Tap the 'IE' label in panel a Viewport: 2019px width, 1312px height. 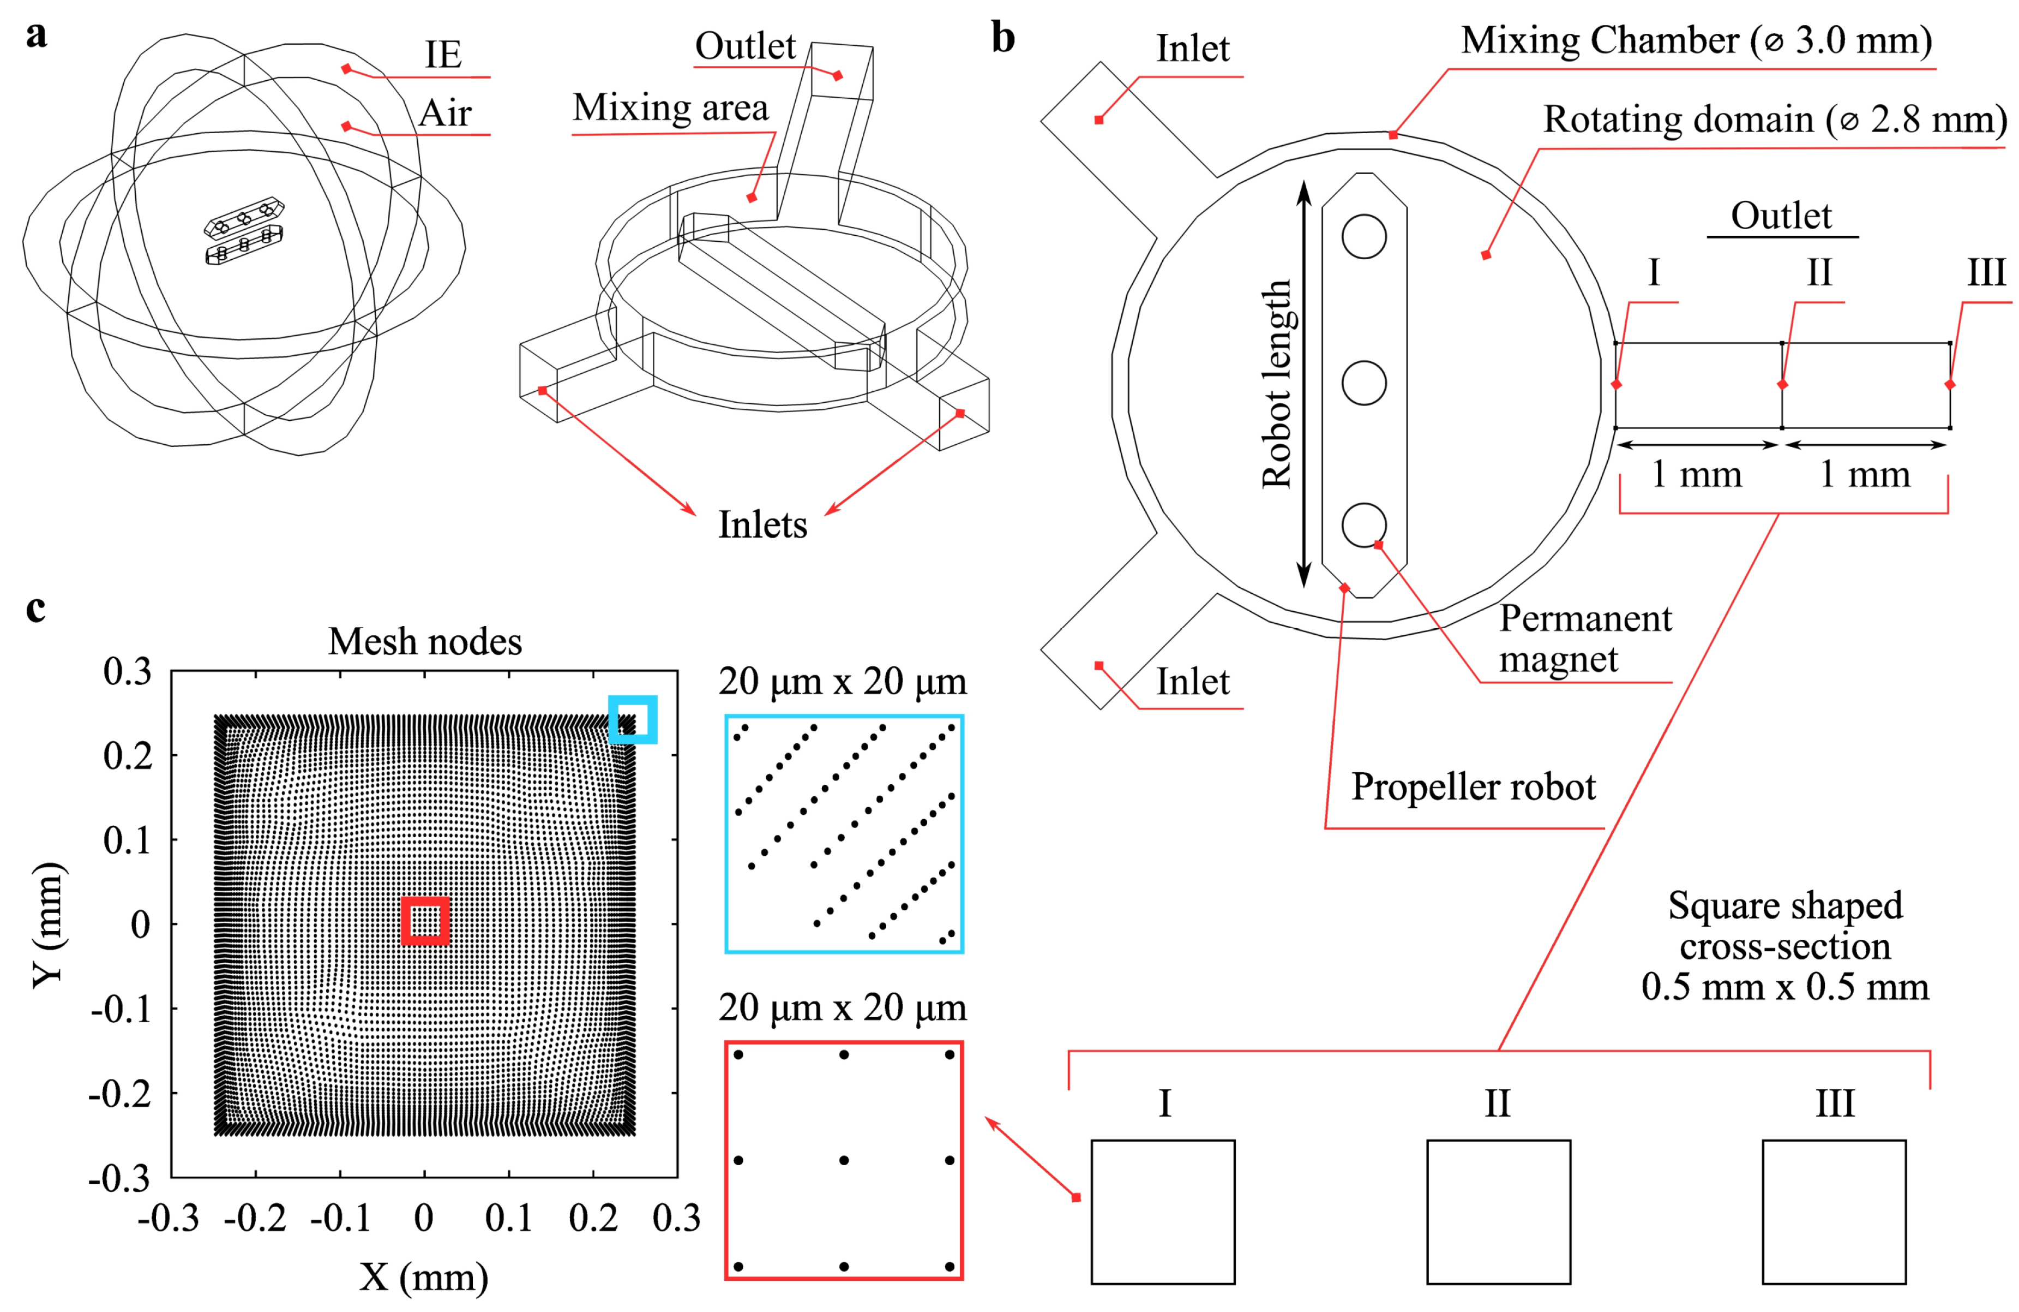(x=443, y=55)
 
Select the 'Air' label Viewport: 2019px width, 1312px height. (x=446, y=114)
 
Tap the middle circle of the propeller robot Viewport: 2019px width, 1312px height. (x=1364, y=383)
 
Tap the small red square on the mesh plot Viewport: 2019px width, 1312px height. (x=425, y=921)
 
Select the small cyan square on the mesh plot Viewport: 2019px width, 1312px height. (x=633, y=720)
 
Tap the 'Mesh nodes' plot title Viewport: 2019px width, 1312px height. (x=425, y=642)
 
